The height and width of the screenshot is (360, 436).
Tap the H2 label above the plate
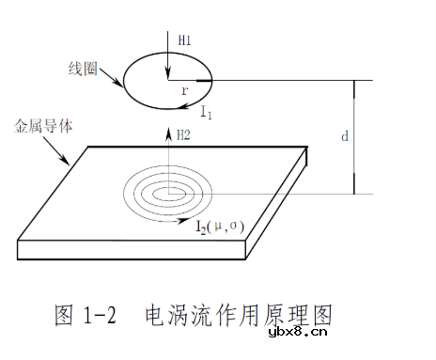coord(186,136)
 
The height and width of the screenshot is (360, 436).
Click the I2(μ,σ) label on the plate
coord(220,226)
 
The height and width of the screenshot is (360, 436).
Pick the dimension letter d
coord(345,136)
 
